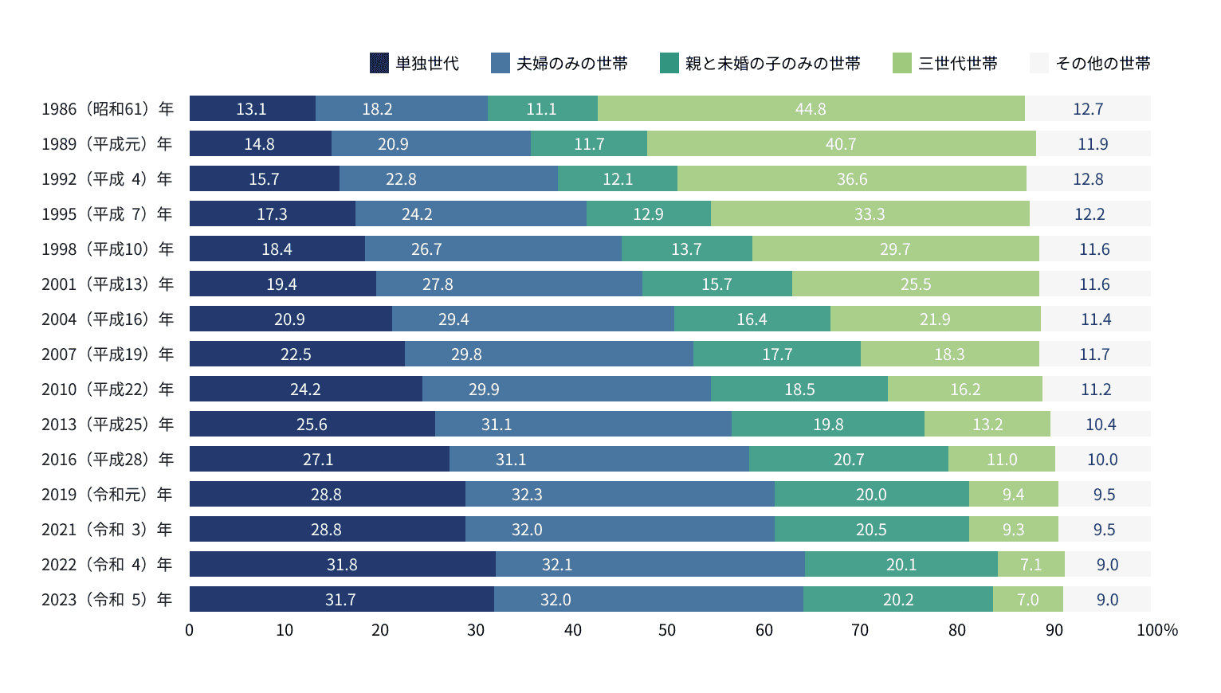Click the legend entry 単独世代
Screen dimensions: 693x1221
pyautogui.click(x=415, y=64)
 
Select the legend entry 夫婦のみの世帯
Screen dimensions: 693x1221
pyautogui.click(x=559, y=64)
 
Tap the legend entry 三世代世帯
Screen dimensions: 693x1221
pyautogui.click(x=946, y=64)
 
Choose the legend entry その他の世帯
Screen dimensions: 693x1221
pyautogui.click(x=1090, y=64)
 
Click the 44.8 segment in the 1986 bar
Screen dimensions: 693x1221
pyautogui.click(x=811, y=109)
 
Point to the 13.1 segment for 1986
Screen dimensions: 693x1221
pyautogui.click(x=252, y=109)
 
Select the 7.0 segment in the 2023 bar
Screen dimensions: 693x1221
pyautogui.click(x=1028, y=600)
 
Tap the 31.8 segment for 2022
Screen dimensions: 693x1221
pyautogui.click(x=342, y=565)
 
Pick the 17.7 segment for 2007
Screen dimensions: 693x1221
pyautogui.click(x=777, y=354)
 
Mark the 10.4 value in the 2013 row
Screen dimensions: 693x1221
pyautogui.click(x=1101, y=425)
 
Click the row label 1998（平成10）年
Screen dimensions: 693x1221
pyautogui.click(x=108, y=249)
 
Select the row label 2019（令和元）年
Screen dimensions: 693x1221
pyautogui.click(x=108, y=495)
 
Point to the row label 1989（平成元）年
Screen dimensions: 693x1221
pyautogui.click(x=108, y=144)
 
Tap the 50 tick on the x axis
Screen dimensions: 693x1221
pyautogui.click(x=668, y=630)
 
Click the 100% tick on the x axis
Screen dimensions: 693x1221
pyautogui.click(x=1156, y=630)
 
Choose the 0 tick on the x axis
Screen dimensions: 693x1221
pyautogui.click(x=190, y=630)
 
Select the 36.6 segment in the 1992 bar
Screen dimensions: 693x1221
pyautogui.click(x=852, y=179)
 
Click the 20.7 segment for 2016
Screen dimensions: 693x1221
pyautogui.click(x=849, y=460)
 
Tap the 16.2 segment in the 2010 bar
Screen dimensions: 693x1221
pyautogui.click(x=965, y=390)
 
